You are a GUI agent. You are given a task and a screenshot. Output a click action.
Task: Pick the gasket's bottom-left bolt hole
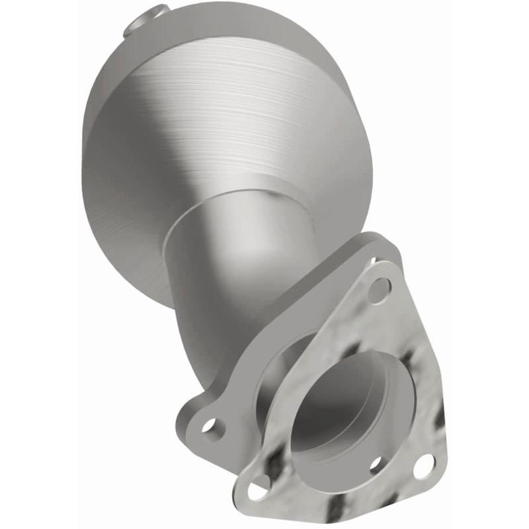pyautogui.click(x=259, y=490)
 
